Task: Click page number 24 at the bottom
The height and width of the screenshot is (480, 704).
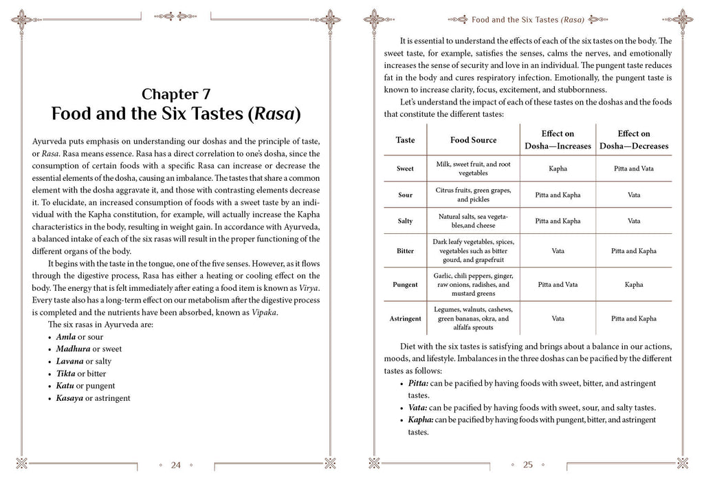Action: click(175, 465)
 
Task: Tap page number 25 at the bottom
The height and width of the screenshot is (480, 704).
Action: click(528, 465)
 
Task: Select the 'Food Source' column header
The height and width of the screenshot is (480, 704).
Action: click(473, 140)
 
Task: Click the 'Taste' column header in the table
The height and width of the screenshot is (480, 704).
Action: click(406, 140)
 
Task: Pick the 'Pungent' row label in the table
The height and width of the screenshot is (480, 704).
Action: click(405, 284)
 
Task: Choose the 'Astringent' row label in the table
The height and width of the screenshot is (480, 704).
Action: click(405, 319)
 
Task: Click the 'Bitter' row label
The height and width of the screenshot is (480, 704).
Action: click(405, 251)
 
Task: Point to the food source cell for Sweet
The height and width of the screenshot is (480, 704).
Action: click(473, 168)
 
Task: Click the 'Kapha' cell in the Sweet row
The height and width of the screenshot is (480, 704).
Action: click(558, 168)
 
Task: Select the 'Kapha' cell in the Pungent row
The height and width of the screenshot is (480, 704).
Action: click(633, 284)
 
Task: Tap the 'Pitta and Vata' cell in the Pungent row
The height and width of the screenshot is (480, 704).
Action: click(558, 284)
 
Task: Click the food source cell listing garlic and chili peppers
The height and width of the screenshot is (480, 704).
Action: click(473, 284)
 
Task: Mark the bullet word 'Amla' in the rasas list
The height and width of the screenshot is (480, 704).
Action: click(67, 336)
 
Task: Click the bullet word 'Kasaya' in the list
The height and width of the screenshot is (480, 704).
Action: click(70, 398)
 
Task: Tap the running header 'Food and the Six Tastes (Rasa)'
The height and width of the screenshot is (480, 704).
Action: click(528, 19)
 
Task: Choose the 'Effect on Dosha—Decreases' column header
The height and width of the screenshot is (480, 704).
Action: click(633, 140)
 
